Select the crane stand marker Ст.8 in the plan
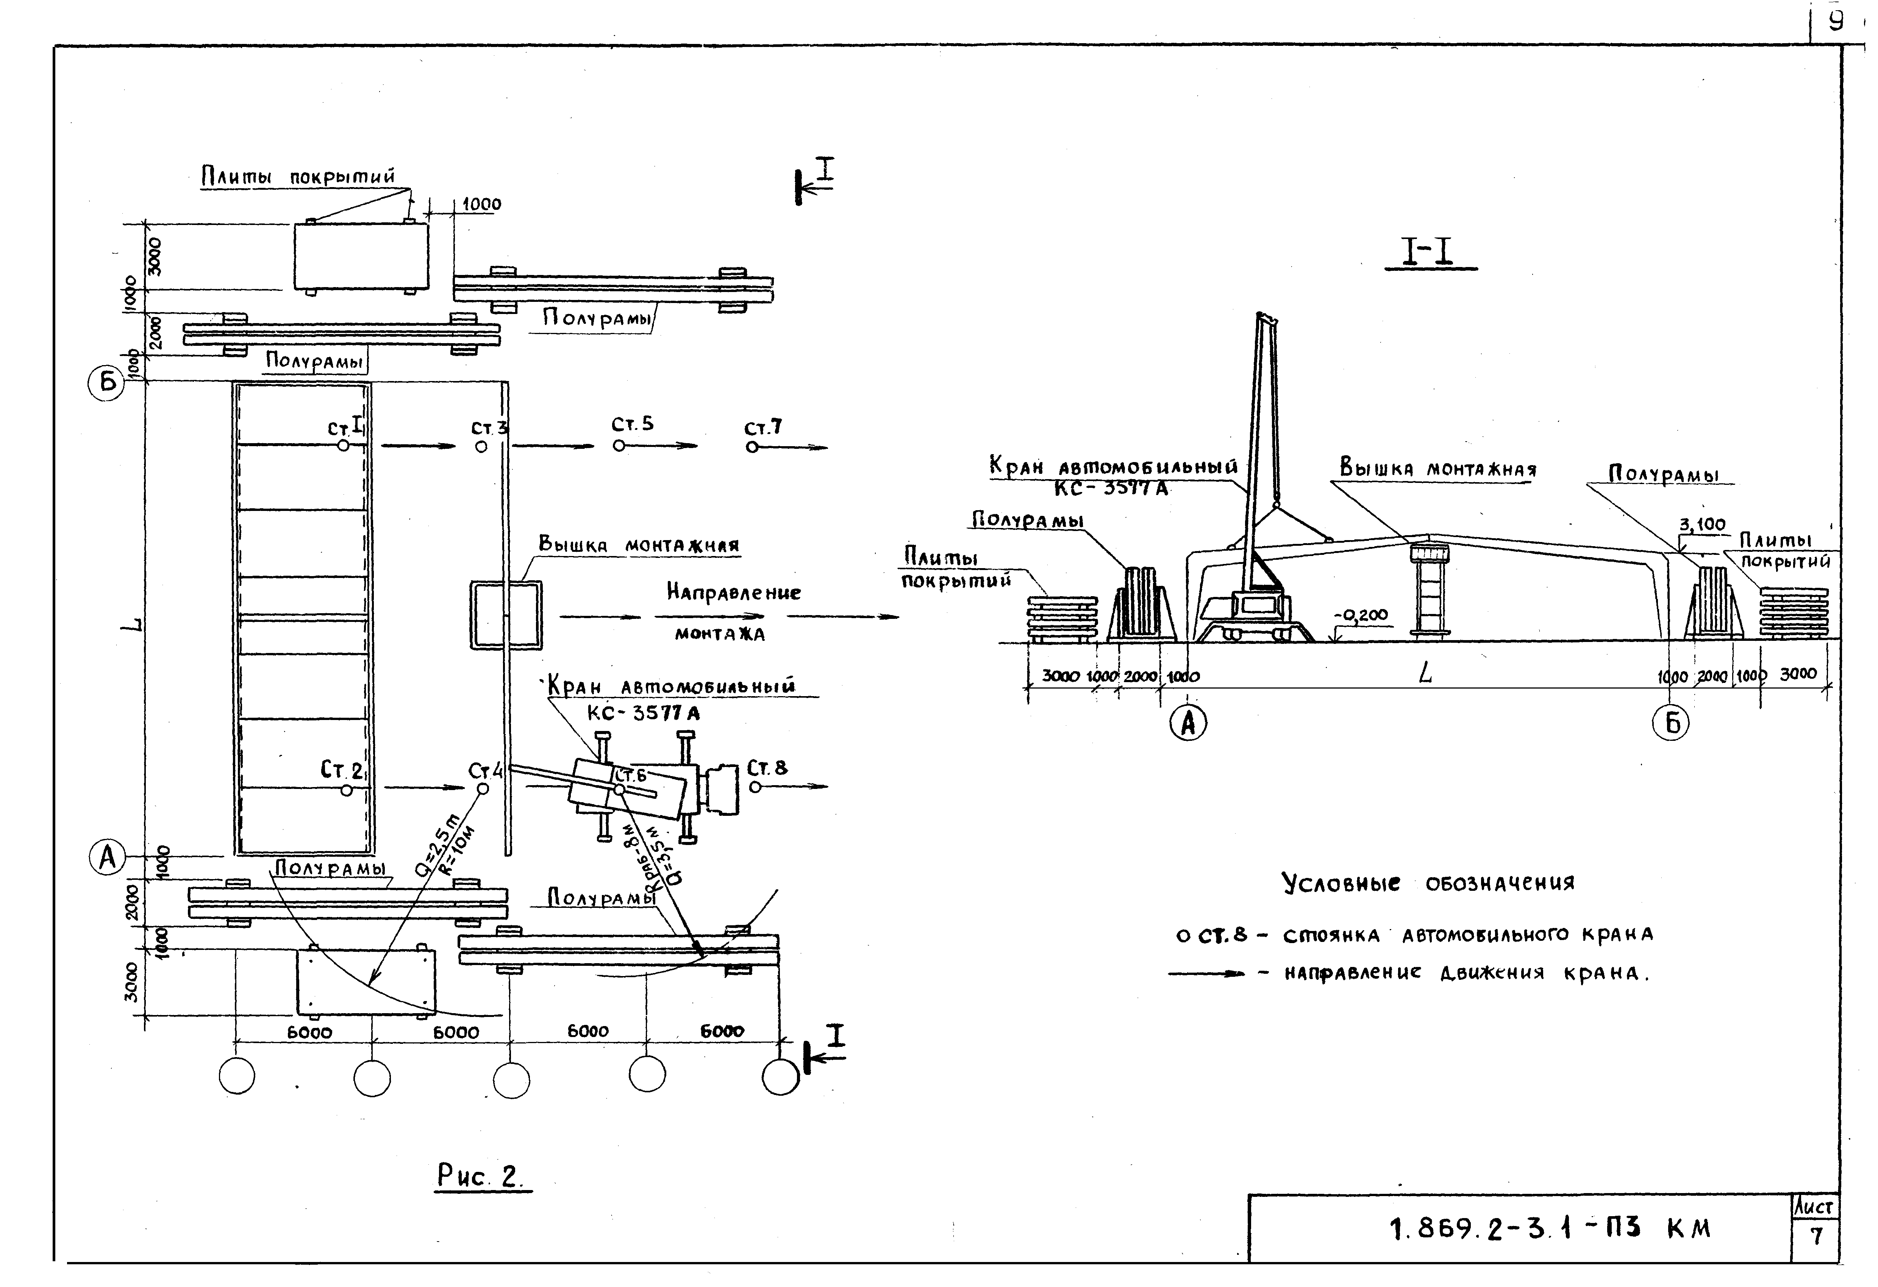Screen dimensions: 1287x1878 coord(755,786)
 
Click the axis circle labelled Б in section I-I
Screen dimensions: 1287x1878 coord(1672,724)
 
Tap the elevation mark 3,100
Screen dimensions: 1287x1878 coord(1702,525)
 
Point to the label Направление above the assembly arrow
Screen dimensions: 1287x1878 coord(733,592)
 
